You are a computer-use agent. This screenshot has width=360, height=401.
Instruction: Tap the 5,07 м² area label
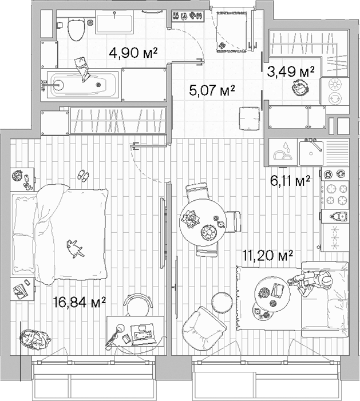[x=212, y=89]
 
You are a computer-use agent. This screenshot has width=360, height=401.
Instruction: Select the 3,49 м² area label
[x=292, y=72]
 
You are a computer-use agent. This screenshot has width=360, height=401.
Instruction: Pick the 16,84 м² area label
[x=80, y=301]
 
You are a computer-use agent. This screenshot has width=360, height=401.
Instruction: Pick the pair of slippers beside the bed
[x=84, y=175]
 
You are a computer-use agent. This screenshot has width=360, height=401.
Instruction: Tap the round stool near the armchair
[x=219, y=300]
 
